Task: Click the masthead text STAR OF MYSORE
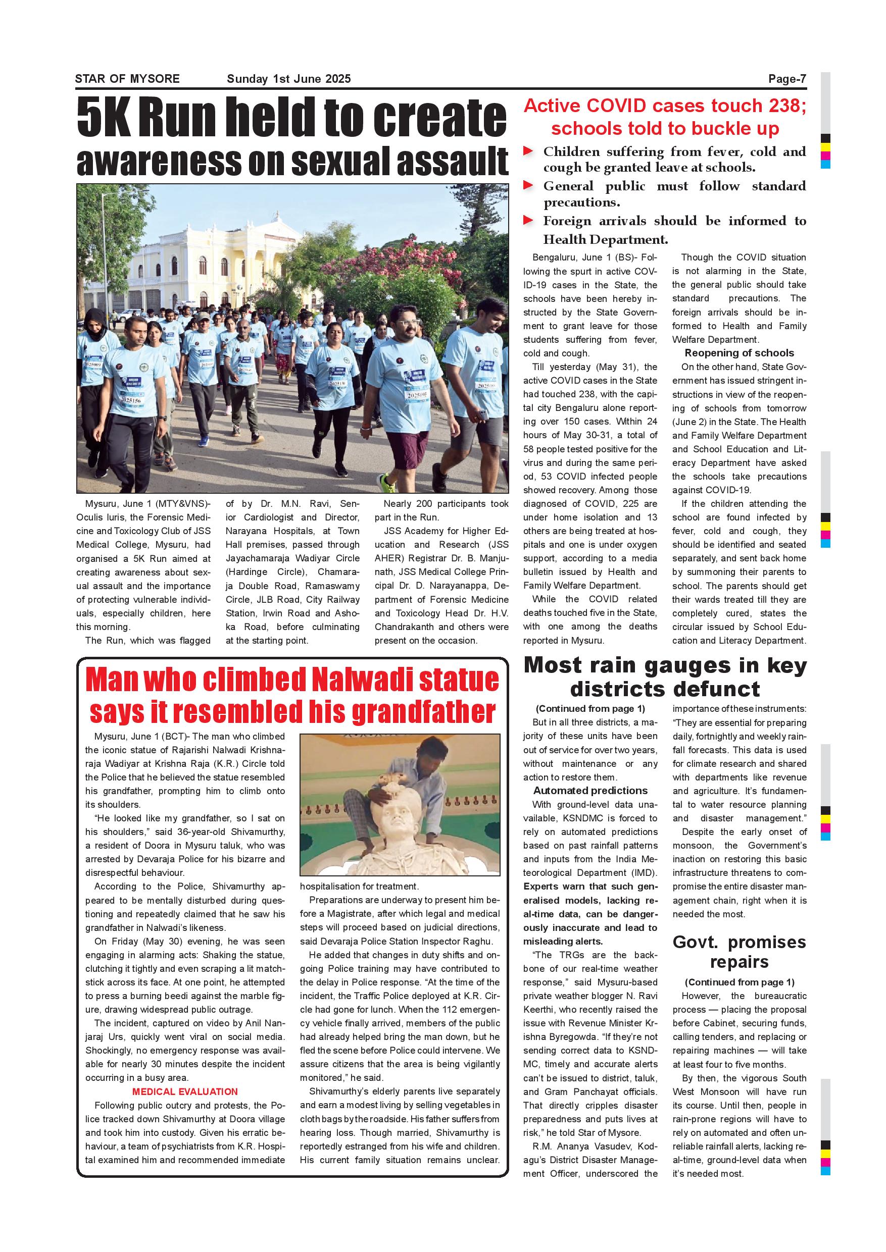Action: tap(127, 79)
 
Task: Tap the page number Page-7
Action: tap(786, 79)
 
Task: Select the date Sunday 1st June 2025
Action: tap(288, 79)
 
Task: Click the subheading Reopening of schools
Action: tap(739, 353)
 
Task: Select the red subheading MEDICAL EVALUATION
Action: tap(185, 1091)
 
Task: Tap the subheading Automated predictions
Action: tap(590, 790)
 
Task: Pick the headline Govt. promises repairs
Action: tap(739, 952)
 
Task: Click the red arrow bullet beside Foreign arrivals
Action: tap(528, 220)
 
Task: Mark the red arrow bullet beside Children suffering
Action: tap(528, 151)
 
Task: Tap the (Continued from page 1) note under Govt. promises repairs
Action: tap(739, 982)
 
